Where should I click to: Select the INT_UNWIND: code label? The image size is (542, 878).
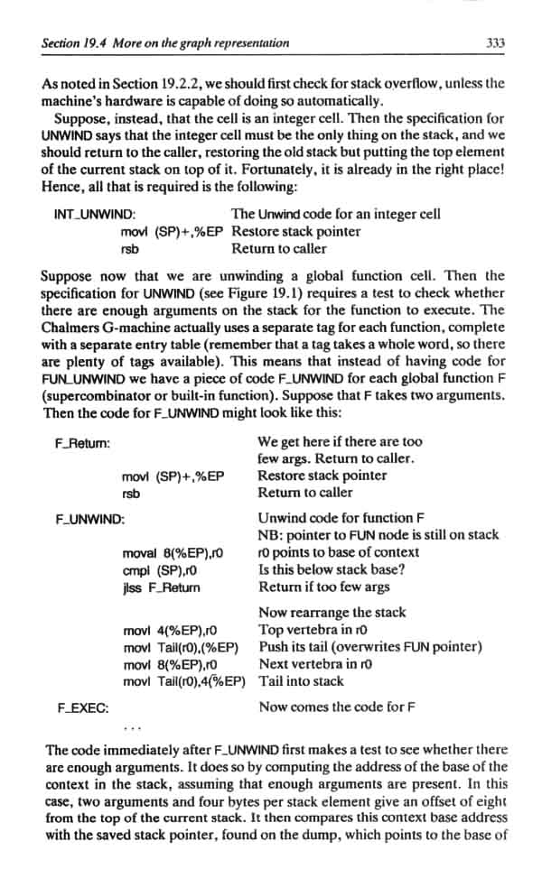pos(95,215)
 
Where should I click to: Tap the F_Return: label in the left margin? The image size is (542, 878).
pos(84,443)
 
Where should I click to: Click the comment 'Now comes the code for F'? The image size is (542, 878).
pos(337,707)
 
